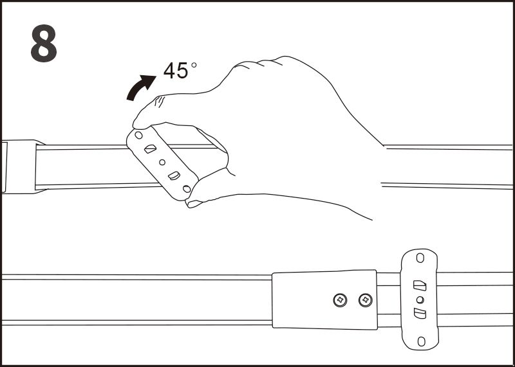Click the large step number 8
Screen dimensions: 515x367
coord(44,43)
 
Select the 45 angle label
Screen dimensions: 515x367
coord(176,71)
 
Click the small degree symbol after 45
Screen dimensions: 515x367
coord(194,65)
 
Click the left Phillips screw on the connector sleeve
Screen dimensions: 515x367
coord(340,300)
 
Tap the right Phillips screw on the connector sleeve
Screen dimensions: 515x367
coord(366,300)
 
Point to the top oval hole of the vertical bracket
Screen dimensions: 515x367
coord(420,258)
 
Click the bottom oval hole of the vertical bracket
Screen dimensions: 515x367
coord(421,341)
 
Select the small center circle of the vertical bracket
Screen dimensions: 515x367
coord(420,300)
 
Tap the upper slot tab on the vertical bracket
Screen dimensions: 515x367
coord(420,285)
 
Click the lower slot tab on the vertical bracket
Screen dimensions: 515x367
coord(420,314)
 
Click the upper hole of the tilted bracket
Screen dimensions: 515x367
coord(138,135)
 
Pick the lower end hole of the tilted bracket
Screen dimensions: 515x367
coord(187,189)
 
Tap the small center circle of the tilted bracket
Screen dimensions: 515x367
coord(162,162)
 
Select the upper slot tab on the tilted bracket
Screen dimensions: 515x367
coord(150,149)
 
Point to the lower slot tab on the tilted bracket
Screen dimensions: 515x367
coord(174,176)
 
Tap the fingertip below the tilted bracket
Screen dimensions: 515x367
coord(194,202)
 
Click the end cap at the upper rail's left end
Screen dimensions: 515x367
coord(19,166)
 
